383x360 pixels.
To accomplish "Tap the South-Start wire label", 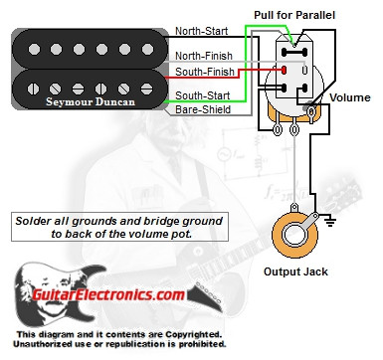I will pyautogui.click(x=203, y=94).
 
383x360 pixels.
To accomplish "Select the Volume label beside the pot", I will pyautogui.click(x=349, y=98).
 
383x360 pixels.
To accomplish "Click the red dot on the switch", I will pyautogui.click(x=286, y=71).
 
